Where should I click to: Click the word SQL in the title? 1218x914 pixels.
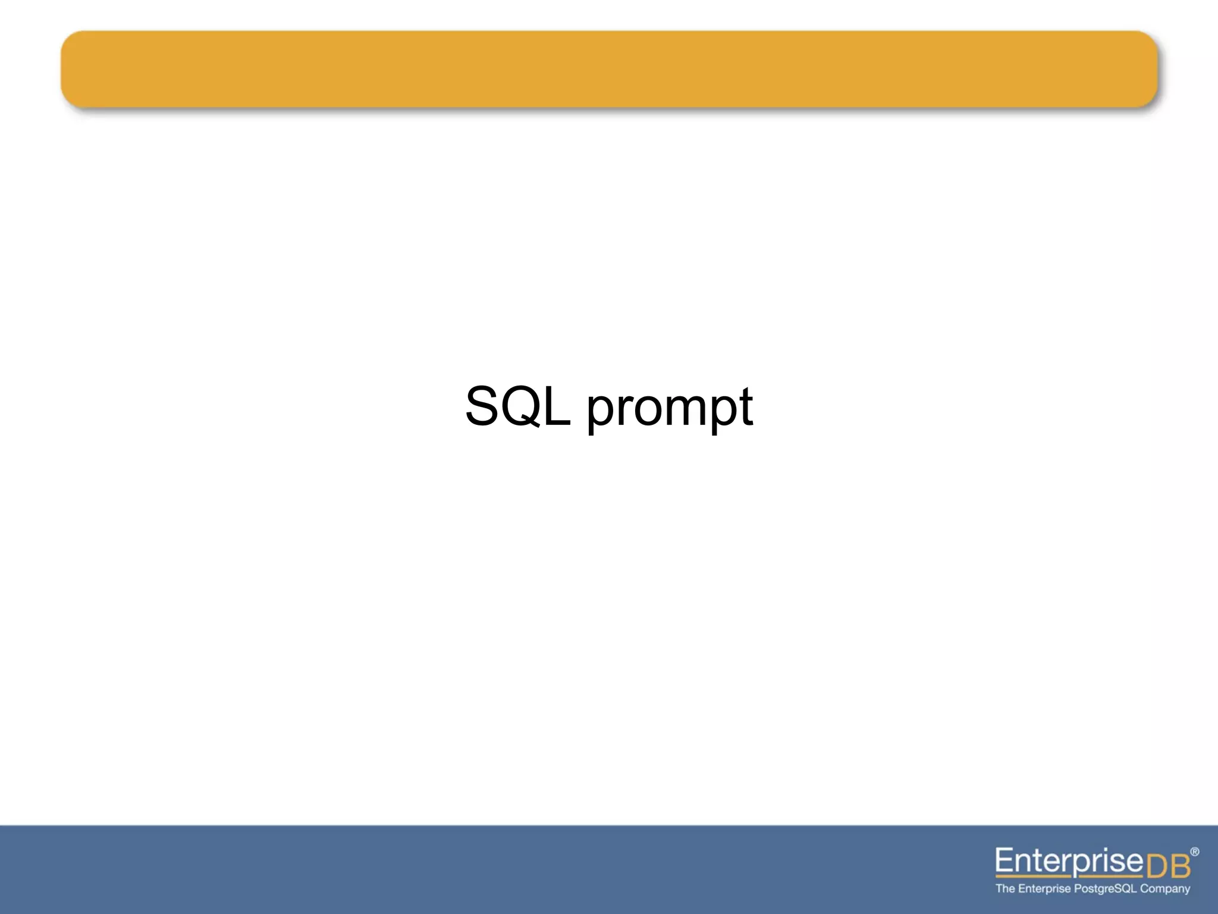517,406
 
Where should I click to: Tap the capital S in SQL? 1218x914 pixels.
482,406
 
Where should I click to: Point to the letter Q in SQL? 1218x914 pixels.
520,406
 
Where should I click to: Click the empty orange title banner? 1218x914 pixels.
609,69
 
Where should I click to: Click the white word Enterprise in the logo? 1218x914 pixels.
1069,861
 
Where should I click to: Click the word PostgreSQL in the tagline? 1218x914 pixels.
1106,889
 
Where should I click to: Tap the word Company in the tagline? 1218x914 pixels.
1165,889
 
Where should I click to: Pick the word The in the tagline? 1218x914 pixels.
1005,888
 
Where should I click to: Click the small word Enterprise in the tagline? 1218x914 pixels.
1044,889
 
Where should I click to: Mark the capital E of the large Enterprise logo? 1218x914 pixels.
1004,860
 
